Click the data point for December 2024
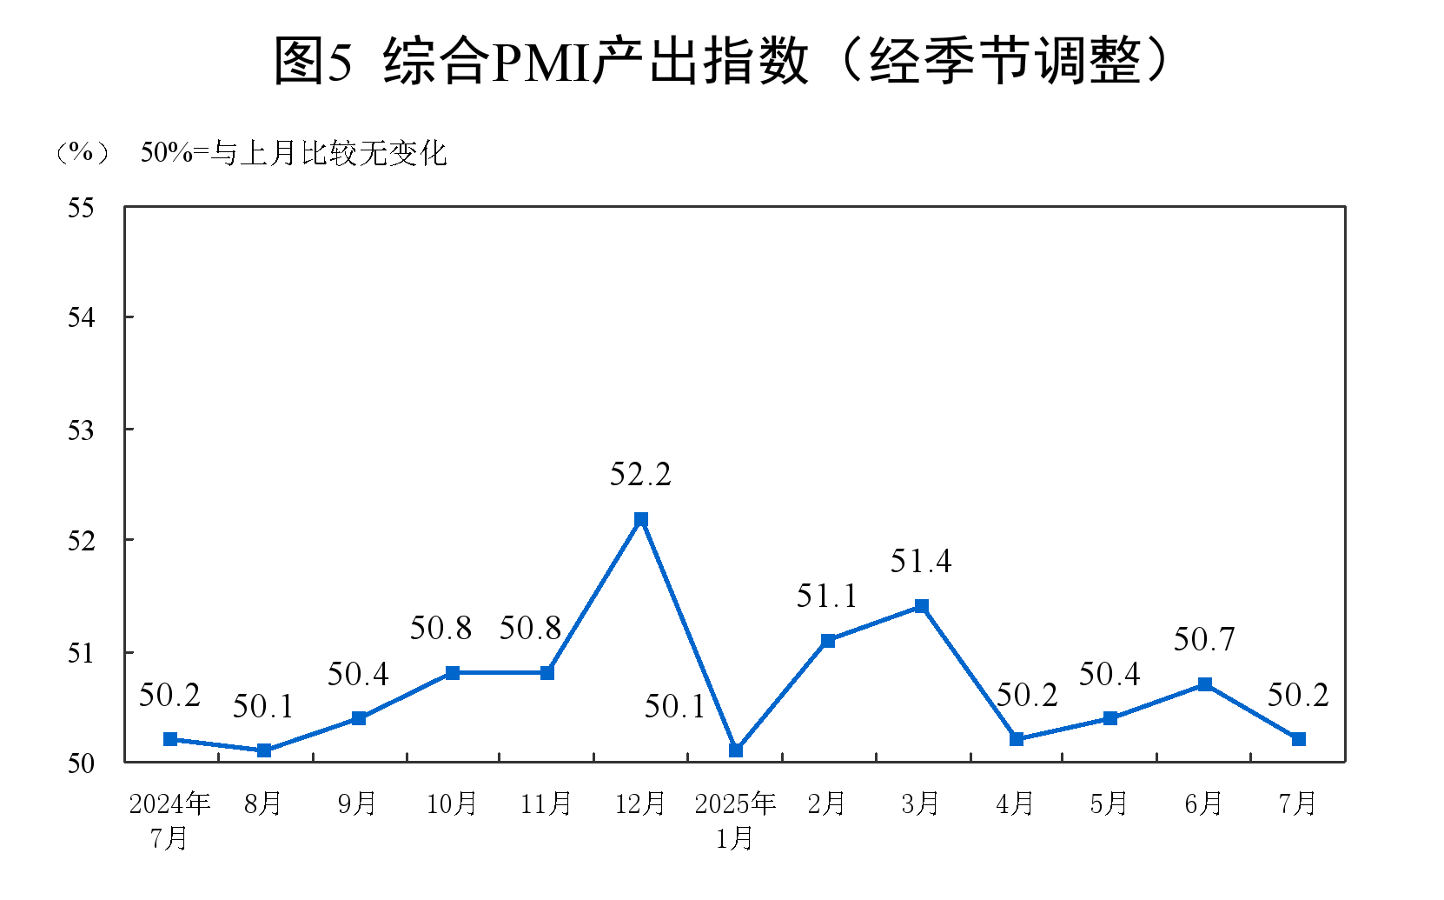click(641, 519)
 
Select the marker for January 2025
click(736, 750)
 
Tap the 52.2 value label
click(640, 475)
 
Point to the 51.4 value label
click(921, 562)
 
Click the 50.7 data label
click(1204, 640)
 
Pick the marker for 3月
click(922, 606)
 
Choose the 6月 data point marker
click(1205, 684)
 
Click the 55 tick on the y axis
click(82, 208)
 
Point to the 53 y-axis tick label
click(82, 430)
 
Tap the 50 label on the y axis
click(82, 763)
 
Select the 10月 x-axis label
click(452, 803)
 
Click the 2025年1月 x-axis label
click(735, 820)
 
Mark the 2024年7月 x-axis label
click(170, 820)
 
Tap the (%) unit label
click(82, 153)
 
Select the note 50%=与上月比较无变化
click(294, 153)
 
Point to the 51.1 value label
click(827, 597)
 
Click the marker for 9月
click(359, 718)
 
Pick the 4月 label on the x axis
click(1015, 803)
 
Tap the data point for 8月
click(264, 750)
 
